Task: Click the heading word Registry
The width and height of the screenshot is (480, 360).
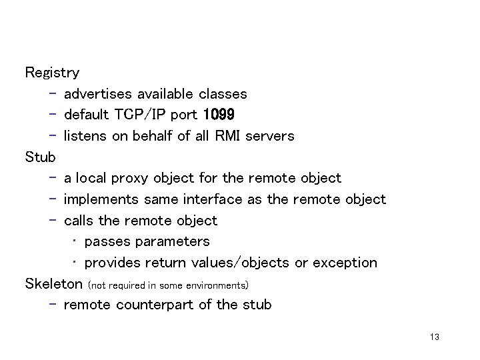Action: [52, 73]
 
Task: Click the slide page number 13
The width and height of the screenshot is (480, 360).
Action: [435, 337]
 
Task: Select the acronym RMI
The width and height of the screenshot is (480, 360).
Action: [227, 135]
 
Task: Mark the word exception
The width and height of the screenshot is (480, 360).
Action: [345, 263]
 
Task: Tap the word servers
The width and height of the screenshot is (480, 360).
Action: [269, 135]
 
